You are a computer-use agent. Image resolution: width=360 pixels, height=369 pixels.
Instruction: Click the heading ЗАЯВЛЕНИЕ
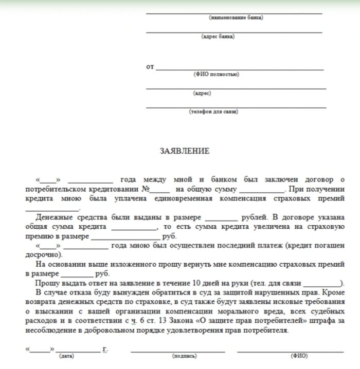point(185,151)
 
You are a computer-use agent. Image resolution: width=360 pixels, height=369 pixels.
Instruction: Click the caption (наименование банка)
point(236,17)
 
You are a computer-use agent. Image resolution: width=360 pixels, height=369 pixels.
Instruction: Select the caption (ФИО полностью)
point(216,75)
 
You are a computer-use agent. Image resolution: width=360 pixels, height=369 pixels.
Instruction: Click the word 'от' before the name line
point(150,67)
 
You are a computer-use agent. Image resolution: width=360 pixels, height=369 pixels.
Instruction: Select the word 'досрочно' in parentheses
point(44,255)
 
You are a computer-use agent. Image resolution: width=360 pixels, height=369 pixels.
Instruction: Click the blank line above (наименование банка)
point(234,13)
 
